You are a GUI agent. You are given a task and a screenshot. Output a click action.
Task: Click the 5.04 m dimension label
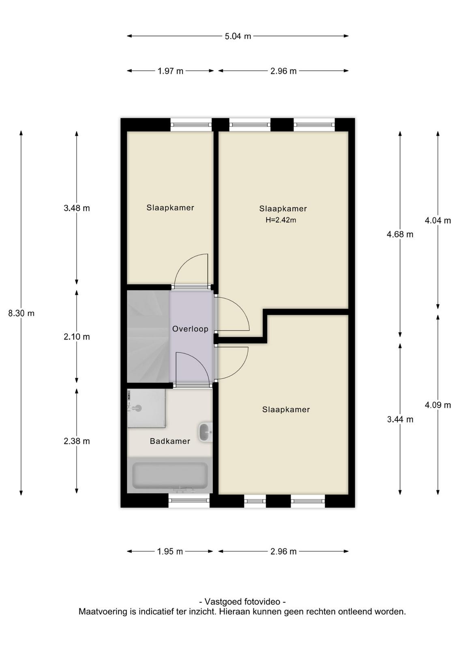[238, 37]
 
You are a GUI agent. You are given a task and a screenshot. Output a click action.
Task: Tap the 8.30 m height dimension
[21, 313]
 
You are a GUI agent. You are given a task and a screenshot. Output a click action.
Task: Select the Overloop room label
[190, 329]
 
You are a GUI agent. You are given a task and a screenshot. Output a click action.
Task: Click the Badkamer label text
[170, 441]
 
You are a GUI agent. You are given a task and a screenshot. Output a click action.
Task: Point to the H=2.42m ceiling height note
[281, 220]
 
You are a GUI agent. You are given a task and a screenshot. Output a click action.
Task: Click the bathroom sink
[205, 432]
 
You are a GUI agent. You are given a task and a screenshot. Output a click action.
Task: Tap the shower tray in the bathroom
[146, 408]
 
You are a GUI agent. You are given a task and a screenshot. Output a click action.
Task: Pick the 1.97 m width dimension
[171, 71]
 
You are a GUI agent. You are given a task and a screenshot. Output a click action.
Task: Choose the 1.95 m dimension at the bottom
[170, 551]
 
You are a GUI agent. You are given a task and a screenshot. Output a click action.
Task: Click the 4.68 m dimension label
[400, 234]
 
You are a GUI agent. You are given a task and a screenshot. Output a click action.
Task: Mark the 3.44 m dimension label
[400, 419]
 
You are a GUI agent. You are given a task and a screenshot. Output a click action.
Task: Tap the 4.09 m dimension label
[438, 405]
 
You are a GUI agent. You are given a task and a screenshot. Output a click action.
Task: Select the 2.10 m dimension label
[77, 337]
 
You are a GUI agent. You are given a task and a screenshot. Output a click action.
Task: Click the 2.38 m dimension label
[77, 441]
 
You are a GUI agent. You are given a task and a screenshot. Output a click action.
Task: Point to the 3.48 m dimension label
[77, 208]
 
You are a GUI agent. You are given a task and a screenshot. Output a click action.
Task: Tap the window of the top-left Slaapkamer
[191, 125]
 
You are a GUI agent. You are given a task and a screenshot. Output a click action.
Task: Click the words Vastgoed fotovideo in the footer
[242, 602]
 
